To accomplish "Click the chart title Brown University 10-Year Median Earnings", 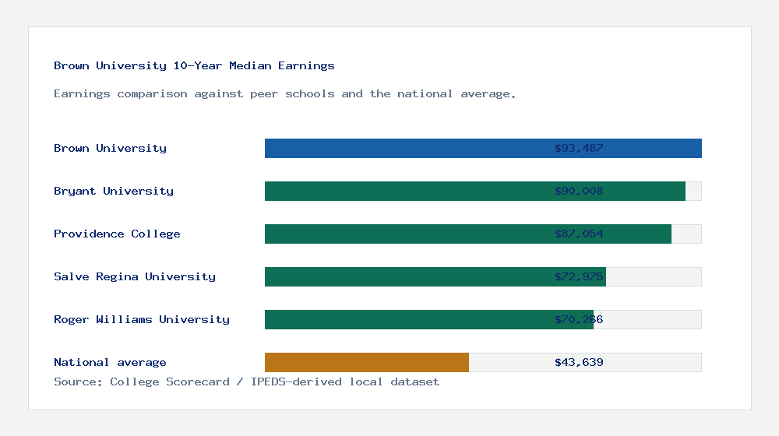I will (x=194, y=66).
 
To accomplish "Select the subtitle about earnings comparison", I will (x=284, y=94).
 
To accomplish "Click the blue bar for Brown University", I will (x=405, y=149).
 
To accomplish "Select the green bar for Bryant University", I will (x=405, y=192).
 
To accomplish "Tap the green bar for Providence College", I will (x=405, y=234).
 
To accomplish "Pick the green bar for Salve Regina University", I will (x=405, y=277).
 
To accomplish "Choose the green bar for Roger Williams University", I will (x=405, y=320).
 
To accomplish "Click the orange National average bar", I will (x=366, y=363).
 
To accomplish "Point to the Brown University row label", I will (x=110, y=149).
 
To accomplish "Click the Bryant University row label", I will (x=114, y=192).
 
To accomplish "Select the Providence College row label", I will (x=117, y=234).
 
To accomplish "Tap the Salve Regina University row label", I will (x=135, y=277).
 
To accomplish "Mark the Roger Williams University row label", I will (x=142, y=320).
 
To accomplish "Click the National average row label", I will (x=110, y=363).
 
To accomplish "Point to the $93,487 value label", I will (x=579, y=149).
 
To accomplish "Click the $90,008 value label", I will (x=579, y=192).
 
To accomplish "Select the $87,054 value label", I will (x=579, y=234).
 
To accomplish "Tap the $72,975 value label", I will (x=579, y=277).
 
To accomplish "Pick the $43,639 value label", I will (x=579, y=363).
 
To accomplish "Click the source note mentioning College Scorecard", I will (x=246, y=382).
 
